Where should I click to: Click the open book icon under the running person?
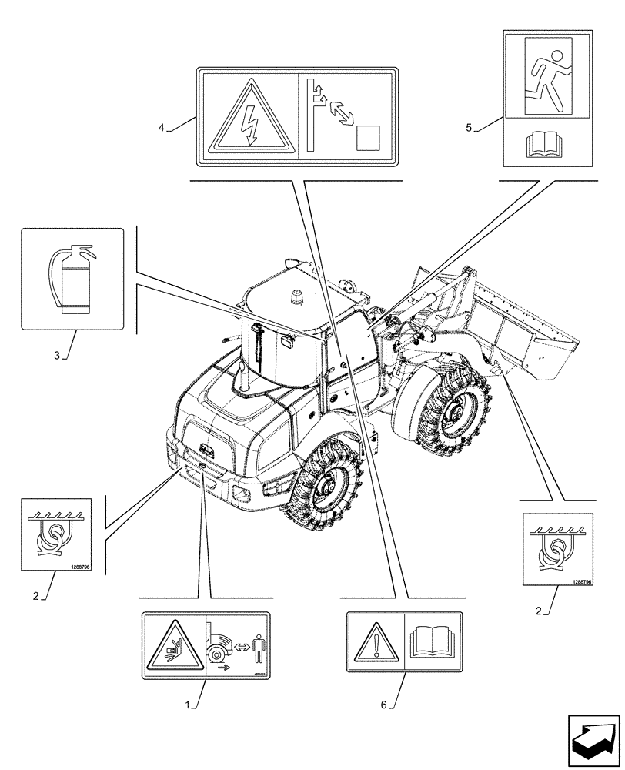(547, 144)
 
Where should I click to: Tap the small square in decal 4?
(369, 138)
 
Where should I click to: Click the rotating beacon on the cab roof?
(296, 296)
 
